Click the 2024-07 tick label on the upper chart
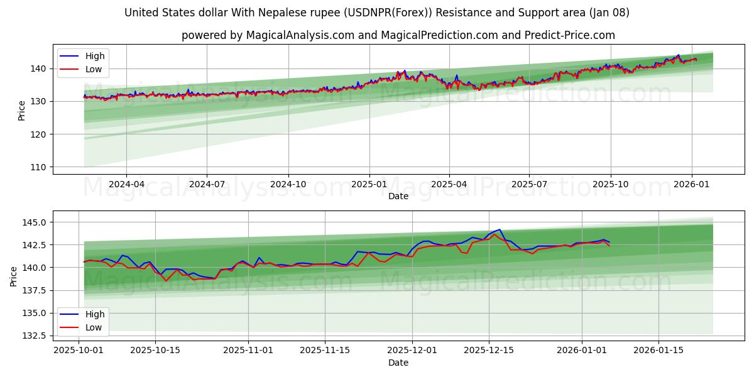point(207,185)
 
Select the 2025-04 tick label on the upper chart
point(449,185)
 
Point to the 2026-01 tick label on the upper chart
point(692,185)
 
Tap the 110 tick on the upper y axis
point(40,167)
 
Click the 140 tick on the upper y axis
point(40,68)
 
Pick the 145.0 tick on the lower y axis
point(35,222)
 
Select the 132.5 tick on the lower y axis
point(35,336)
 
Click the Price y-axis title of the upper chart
point(22,111)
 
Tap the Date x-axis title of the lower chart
point(398,363)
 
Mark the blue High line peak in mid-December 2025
point(500,230)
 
